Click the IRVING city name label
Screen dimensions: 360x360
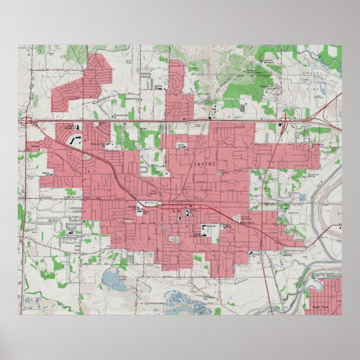[x=201, y=165]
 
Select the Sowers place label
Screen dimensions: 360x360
[x=34, y=150]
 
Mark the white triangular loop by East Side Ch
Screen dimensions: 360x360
[x=240, y=216]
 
